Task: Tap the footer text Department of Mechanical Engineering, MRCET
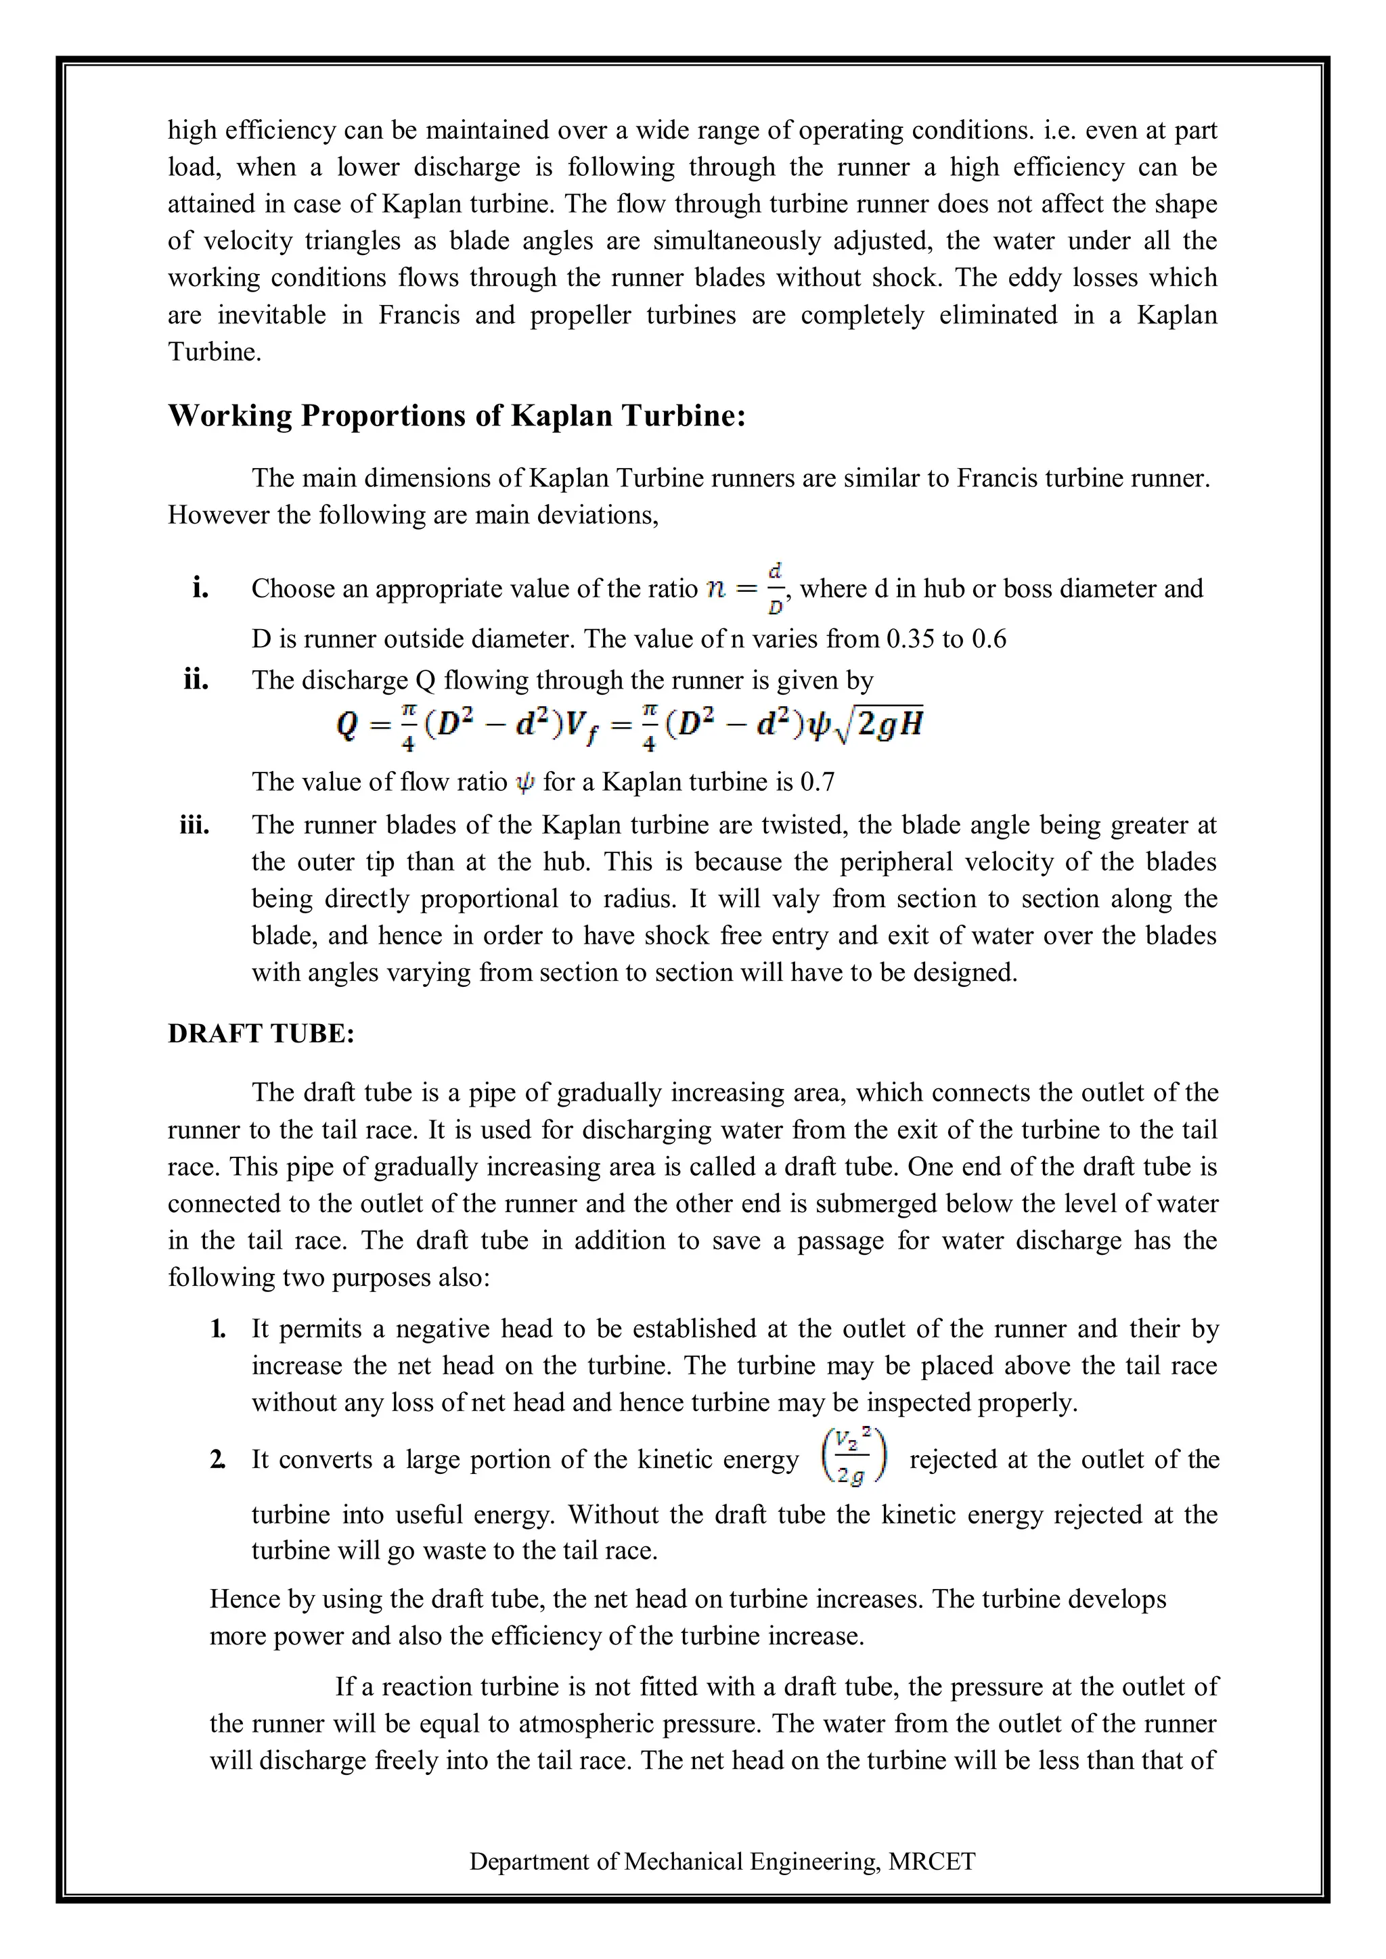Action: point(722,1861)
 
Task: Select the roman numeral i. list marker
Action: point(200,588)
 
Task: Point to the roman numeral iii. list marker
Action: point(195,825)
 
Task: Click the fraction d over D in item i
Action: point(775,588)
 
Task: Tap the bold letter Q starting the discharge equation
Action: point(346,725)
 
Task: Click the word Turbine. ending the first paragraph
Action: point(215,352)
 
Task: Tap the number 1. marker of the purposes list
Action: point(219,1329)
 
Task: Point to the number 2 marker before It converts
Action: point(219,1459)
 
